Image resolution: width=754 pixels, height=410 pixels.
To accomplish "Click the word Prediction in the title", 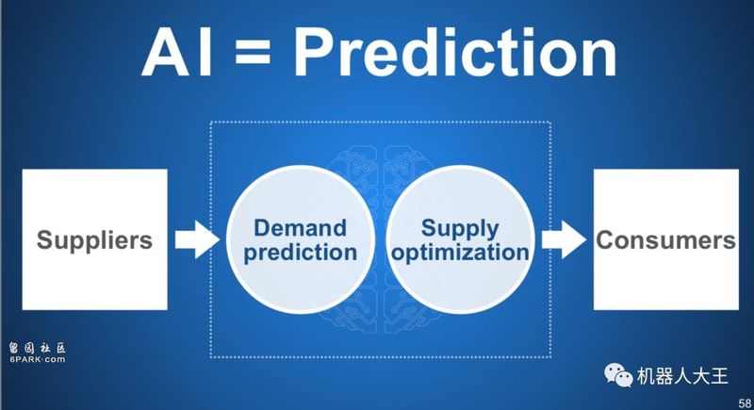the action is pos(455,52).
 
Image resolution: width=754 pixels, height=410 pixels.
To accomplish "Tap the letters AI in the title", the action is pos(177,52).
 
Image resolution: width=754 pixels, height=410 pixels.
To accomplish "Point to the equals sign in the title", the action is pos(253,54).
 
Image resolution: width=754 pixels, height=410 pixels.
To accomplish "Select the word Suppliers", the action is pos(95,239).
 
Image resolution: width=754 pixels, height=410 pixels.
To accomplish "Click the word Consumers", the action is pos(666,239).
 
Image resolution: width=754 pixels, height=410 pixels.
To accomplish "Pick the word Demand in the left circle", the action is pos(300,228).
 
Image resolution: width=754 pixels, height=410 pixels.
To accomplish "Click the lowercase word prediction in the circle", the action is pos(300,253).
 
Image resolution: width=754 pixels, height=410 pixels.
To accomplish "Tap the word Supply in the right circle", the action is pos(460,229).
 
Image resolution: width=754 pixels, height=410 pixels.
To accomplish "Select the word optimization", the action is pos(460,253).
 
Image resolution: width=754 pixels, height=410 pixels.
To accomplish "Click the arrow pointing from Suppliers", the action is pos(197,239).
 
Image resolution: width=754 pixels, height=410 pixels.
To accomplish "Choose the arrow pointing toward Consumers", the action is pos(564,239).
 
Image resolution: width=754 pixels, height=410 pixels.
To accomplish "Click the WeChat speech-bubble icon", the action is pos(618,375).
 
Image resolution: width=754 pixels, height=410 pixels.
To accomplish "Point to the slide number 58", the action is pos(745,403).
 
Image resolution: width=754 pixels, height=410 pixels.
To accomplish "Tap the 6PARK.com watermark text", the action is pos(37,359).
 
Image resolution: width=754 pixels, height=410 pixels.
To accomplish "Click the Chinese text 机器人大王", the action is pos(682,376).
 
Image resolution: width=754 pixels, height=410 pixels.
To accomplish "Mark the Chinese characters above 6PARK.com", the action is pos(37,348).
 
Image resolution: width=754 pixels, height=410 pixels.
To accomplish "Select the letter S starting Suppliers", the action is pos(44,239).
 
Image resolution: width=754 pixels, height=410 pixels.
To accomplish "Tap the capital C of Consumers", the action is pos(605,239).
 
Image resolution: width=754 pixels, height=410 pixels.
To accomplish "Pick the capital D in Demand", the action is pos(263,228).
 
